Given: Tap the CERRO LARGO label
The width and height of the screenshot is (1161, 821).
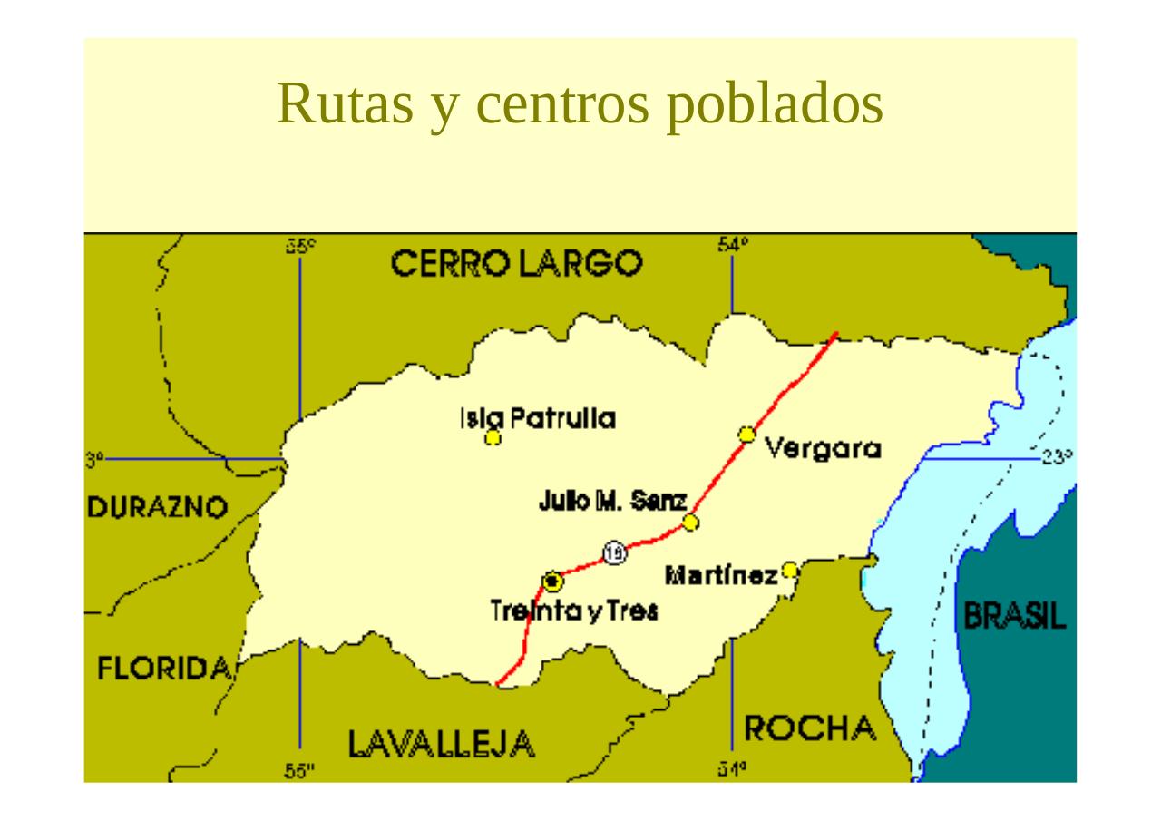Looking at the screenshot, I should click(517, 265).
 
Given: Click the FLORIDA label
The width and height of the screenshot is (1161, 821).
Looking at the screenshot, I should click(163, 670).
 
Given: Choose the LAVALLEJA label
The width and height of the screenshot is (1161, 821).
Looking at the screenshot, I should click(442, 745).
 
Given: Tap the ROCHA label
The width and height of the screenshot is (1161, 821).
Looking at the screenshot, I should click(810, 728).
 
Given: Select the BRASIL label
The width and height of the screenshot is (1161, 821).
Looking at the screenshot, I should click(1014, 618).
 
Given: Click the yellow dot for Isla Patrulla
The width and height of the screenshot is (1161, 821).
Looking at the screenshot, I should click(493, 438).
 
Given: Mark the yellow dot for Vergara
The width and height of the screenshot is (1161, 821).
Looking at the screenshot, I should click(746, 435).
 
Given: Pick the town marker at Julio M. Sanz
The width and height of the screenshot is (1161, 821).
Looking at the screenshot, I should click(690, 522).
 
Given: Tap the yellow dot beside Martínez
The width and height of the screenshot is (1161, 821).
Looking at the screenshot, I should click(790, 570).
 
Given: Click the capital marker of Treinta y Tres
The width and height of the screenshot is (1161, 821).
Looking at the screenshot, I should click(551, 580).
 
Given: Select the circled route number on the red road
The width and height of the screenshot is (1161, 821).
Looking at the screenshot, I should click(615, 552).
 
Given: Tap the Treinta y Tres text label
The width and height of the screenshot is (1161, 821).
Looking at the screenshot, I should click(574, 611).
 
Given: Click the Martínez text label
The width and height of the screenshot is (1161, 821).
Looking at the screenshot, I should click(721, 575).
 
